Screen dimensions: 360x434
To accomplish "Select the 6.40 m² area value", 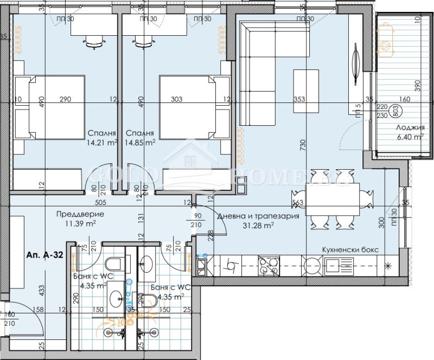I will point(410,137).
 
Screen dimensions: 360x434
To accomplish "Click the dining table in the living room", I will point(332,198).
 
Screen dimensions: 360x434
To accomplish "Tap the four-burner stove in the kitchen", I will point(267,266).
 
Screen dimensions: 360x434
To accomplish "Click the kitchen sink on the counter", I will point(337,266).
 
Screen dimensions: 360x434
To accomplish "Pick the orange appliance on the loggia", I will point(387,41).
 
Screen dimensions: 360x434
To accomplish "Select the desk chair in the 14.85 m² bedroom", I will point(144,41).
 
